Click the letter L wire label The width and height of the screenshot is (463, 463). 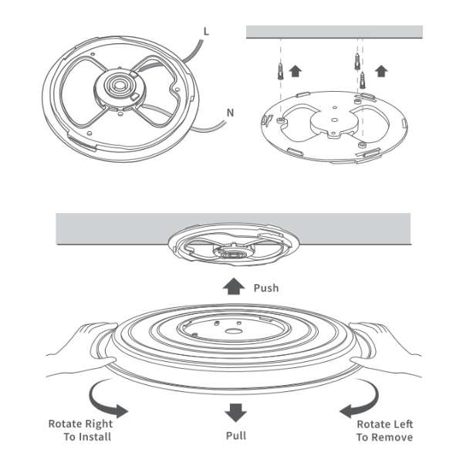tap(206, 31)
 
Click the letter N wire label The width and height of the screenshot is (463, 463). tap(229, 113)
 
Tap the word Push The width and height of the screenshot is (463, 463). tap(265, 288)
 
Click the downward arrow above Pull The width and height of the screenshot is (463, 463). tap(235, 411)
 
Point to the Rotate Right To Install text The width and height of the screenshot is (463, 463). tap(80, 431)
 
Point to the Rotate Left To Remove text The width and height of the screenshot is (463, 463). tap(384, 431)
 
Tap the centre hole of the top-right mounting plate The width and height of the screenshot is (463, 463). tap(333, 119)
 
